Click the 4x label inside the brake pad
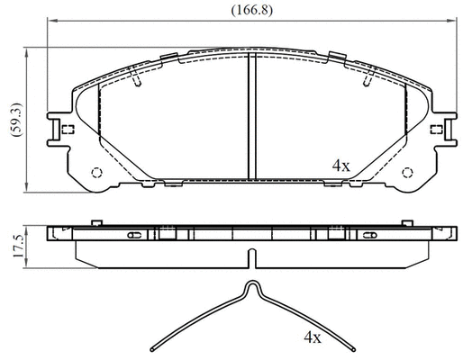[340, 166]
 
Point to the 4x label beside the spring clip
[312, 338]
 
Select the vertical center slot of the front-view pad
[251, 117]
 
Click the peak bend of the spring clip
[252, 286]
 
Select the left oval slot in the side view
[135, 235]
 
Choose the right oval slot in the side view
[368, 235]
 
